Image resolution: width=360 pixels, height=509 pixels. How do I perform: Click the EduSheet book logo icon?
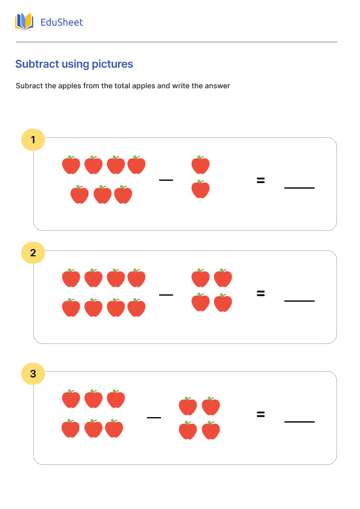click(24, 22)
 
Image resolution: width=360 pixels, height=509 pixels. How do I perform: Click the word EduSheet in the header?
click(61, 22)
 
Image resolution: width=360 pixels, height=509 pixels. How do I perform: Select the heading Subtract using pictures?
click(74, 64)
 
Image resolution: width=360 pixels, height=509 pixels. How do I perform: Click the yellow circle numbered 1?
click(33, 140)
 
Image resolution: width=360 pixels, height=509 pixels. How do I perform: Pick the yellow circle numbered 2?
click(33, 253)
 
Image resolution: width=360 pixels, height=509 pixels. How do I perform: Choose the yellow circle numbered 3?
click(33, 374)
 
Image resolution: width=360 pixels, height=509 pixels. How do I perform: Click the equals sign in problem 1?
click(261, 180)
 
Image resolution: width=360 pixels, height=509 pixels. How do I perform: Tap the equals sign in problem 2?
click(261, 293)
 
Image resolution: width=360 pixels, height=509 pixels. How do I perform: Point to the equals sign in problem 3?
click(261, 414)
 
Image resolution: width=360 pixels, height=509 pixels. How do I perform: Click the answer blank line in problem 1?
click(299, 188)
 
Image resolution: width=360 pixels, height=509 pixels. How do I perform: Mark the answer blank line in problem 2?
click(299, 300)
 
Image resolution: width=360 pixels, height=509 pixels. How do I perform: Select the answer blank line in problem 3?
click(299, 421)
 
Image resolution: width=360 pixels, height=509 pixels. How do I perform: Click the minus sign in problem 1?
click(166, 180)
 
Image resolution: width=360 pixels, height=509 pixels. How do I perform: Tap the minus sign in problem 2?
click(166, 294)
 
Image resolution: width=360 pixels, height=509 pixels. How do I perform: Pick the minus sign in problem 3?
click(154, 417)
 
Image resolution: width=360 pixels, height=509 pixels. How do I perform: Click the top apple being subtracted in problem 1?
click(200, 164)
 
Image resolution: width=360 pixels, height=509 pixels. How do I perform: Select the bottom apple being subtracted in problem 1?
click(200, 189)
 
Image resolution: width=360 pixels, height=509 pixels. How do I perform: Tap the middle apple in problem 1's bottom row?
click(102, 195)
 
